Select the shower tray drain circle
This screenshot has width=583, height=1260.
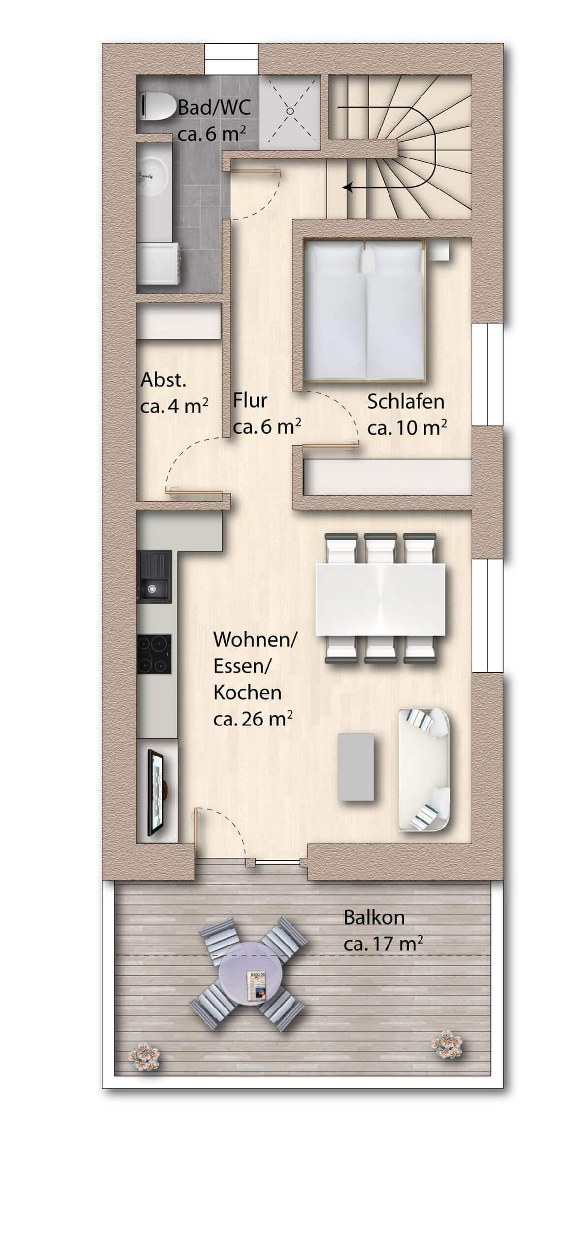point(290,111)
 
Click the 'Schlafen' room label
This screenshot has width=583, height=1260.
point(406,402)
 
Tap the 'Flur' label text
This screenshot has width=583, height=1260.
point(250,400)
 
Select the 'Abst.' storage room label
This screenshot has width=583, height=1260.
point(163,380)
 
